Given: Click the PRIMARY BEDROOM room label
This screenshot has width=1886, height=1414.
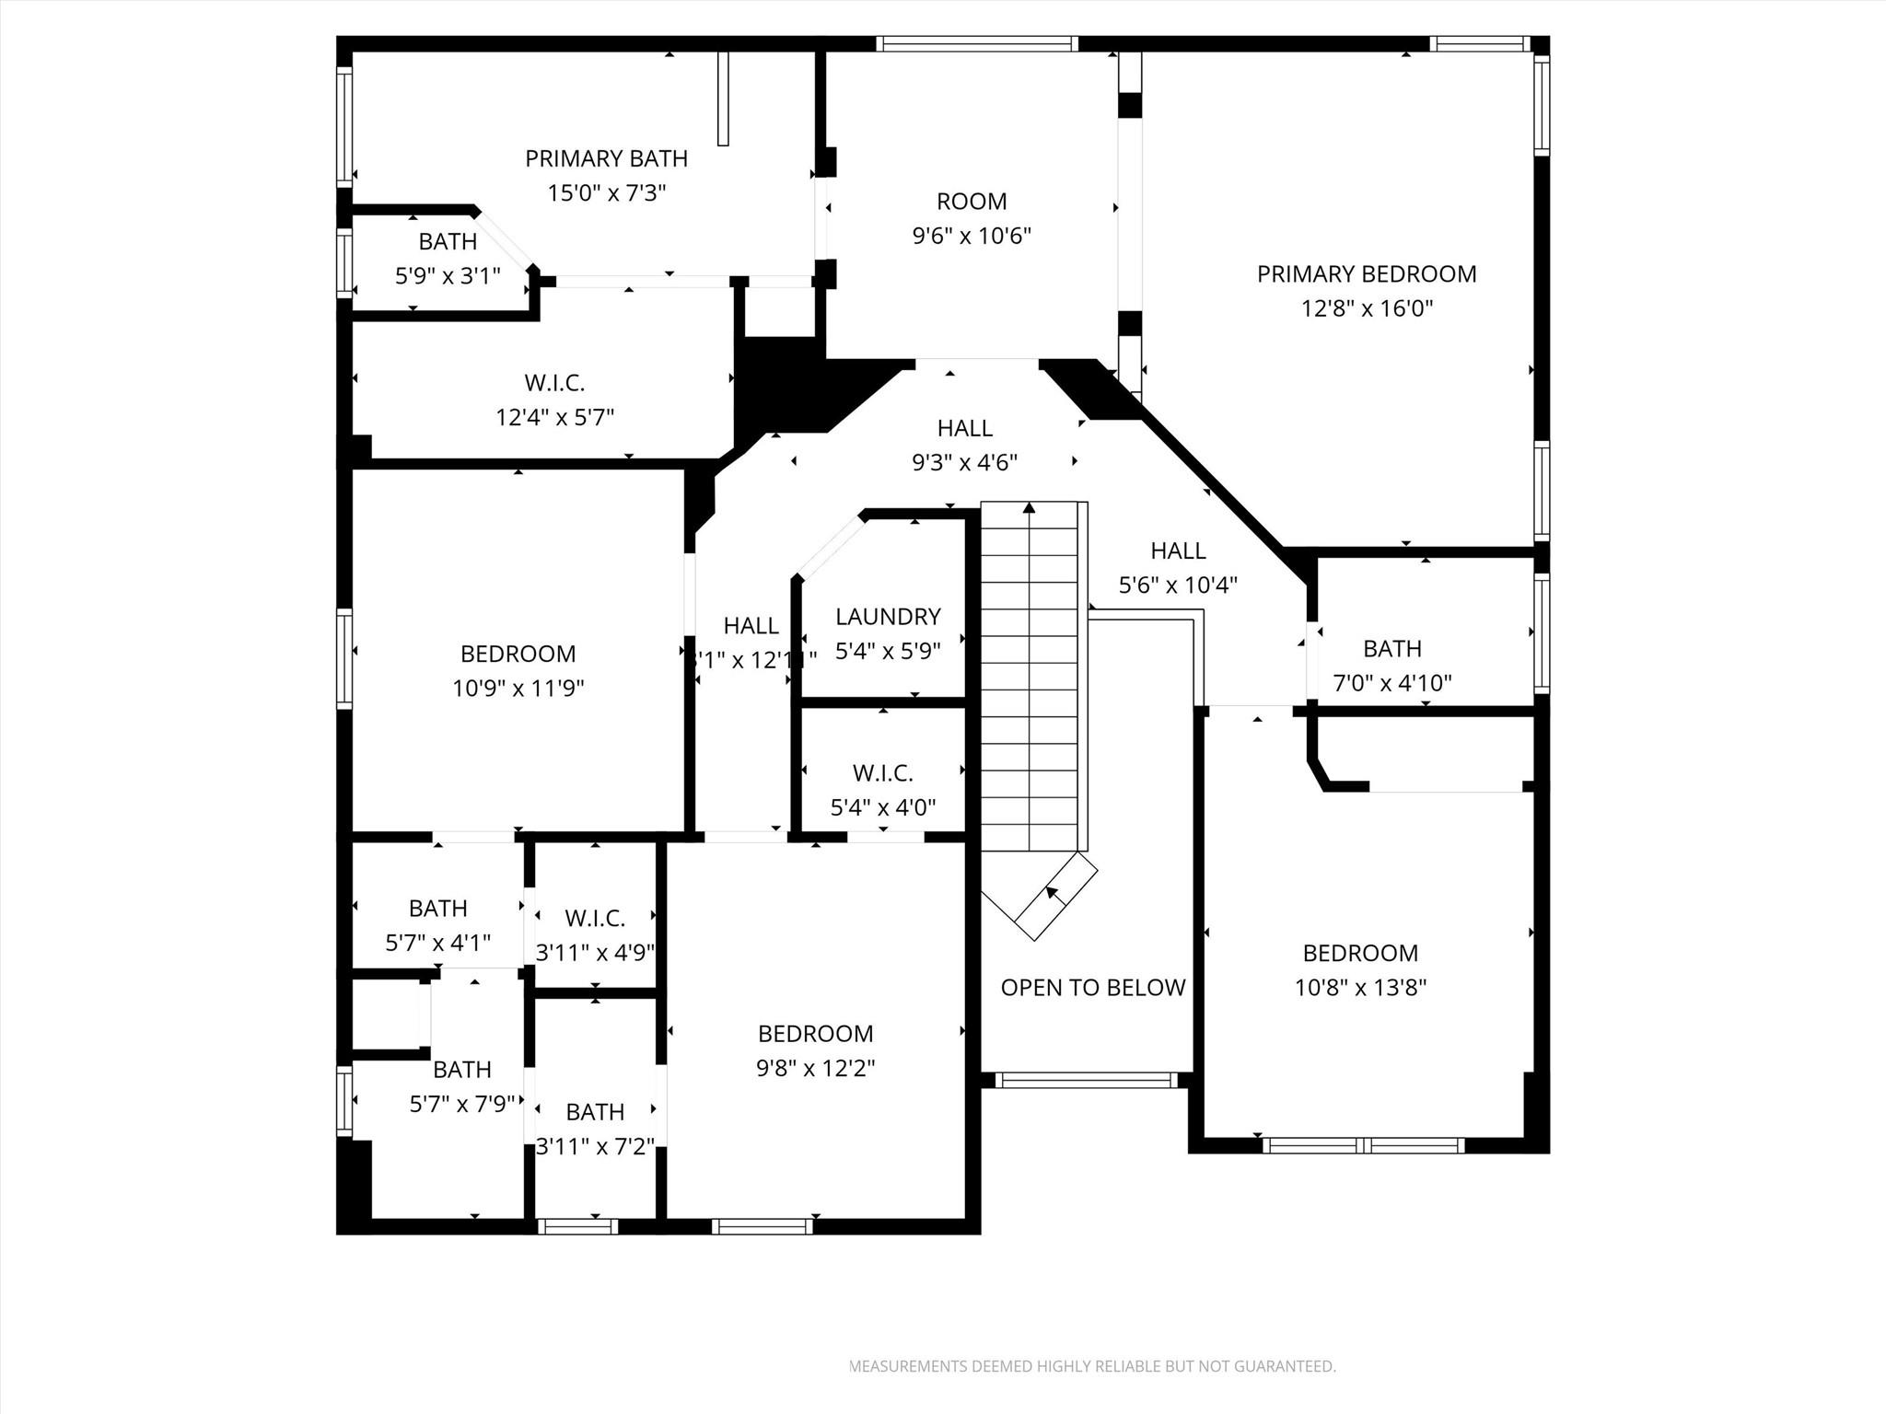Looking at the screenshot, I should point(1367,274).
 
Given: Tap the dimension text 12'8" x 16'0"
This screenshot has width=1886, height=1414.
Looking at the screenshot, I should point(1367,308).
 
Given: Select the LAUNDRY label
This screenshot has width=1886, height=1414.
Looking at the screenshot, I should point(888,617).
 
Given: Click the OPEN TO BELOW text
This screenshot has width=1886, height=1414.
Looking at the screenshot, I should point(1093,988).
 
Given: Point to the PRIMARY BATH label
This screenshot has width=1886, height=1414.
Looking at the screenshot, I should point(606,158).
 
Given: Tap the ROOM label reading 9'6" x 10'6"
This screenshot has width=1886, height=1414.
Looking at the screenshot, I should point(972,236).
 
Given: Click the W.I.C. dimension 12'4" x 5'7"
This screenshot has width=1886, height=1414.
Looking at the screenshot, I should point(555,417).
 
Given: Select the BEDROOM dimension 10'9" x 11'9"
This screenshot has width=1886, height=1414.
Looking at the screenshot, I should point(518,688).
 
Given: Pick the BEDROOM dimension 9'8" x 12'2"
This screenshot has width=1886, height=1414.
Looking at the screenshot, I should point(816,1068).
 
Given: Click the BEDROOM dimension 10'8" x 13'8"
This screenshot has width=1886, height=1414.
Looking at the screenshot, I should point(1360,988).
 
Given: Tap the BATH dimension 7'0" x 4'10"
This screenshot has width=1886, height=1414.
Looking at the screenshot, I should point(1392,683).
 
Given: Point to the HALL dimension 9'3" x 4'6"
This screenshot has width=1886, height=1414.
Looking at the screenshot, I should point(964,462).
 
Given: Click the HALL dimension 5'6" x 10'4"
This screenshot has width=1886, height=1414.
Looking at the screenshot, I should point(1178,585).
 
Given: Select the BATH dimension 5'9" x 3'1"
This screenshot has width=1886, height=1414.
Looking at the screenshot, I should point(448,275).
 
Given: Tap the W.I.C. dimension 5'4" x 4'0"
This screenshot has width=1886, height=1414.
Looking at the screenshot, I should point(883,807).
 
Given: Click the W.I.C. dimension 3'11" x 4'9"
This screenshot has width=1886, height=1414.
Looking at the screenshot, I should point(595,952).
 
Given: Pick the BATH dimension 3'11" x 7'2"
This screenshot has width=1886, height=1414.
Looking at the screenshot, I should point(595,1146).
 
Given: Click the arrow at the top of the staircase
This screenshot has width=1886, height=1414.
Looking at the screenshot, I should point(1029,507).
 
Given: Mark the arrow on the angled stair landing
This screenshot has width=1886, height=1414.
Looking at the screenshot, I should point(1051,894).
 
